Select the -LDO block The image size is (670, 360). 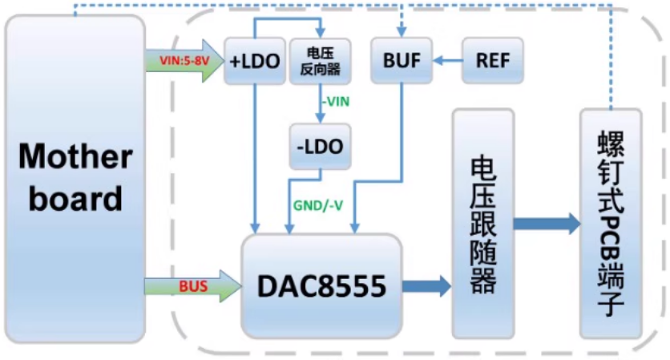(x=319, y=147)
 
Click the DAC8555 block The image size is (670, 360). (x=321, y=284)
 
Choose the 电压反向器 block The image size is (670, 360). (x=320, y=61)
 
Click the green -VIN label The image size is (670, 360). (x=336, y=102)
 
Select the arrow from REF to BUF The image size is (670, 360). (x=447, y=61)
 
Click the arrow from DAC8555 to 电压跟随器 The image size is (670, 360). (x=427, y=285)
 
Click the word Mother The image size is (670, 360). (x=75, y=156)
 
